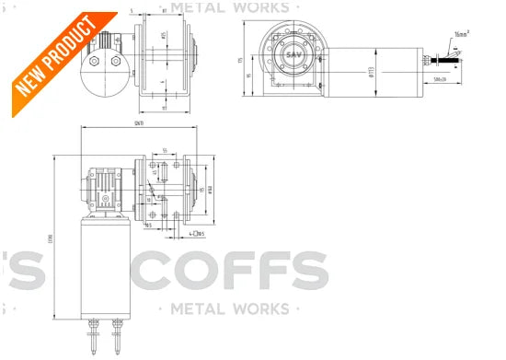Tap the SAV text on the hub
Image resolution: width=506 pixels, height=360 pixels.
coord(294,55)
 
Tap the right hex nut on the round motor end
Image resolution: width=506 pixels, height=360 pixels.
coord(116,62)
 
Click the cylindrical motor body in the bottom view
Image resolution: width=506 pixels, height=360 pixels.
coord(104,267)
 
